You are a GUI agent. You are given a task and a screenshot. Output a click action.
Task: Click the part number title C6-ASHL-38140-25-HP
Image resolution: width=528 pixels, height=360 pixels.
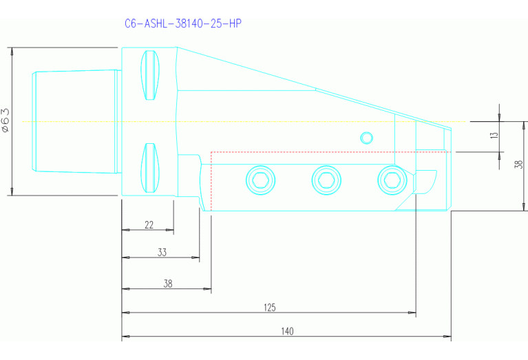[182, 23]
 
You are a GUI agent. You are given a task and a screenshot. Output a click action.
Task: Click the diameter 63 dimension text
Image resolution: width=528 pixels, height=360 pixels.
[6, 120]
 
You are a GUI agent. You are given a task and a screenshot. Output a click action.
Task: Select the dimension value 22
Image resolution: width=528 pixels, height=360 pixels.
[149, 225]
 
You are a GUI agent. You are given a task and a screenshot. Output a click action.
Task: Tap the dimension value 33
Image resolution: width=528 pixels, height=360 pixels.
[162, 252]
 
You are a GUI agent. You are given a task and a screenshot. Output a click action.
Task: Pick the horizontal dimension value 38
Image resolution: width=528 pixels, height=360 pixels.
[167, 283]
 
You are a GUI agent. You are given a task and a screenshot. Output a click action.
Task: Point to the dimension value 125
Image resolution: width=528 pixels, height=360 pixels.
[270, 307]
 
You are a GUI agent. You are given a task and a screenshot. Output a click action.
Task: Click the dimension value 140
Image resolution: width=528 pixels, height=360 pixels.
[287, 331]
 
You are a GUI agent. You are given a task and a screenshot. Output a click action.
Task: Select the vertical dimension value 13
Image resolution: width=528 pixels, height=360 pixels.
[494, 136]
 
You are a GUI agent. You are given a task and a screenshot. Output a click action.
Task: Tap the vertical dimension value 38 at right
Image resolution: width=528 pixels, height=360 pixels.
[520, 164]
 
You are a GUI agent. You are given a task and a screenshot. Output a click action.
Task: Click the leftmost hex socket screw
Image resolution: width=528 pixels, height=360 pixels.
[260, 180]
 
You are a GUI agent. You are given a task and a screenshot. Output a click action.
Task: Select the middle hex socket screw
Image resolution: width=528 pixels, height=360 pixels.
[325, 180]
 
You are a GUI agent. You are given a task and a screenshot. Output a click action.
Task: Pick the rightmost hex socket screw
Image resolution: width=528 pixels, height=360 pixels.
[391, 180]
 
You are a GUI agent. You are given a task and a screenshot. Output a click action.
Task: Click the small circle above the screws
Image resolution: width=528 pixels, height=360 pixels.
[367, 138]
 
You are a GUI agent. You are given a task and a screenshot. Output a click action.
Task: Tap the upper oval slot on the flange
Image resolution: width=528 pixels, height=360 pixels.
[151, 75]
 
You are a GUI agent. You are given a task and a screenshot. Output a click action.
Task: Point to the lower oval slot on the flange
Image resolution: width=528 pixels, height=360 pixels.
[151, 168]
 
